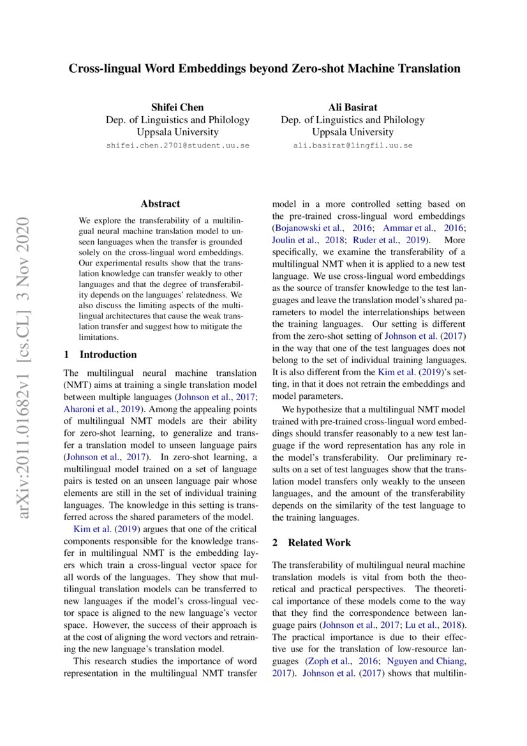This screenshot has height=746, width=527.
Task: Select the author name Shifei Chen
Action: point(177,107)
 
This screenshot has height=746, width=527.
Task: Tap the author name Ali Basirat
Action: point(352,107)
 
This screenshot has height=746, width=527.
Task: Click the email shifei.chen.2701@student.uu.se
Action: point(177,145)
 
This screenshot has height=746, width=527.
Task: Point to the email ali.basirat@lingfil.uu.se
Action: point(352,145)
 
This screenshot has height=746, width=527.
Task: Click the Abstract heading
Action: point(160,204)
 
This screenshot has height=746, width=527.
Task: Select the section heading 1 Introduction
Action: point(100,354)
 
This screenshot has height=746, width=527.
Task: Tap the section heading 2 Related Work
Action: point(311,542)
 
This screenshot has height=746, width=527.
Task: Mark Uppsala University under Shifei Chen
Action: point(177,132)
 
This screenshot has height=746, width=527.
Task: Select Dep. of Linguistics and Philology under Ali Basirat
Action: point(352,119)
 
